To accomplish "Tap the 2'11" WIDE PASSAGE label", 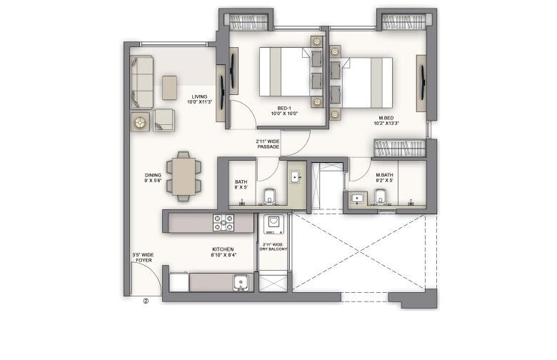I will (x=268, y=144).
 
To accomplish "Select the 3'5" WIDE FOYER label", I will (x=143, y=257).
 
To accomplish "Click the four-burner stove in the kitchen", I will (x=224, y=223).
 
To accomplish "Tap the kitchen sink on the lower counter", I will (x=241, y=283).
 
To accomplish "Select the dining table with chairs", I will (x=184, y=175).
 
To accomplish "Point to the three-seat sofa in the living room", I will (x=141, y=83).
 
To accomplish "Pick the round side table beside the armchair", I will (x=139, y=122).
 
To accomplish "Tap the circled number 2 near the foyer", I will (x=146, y=301).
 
